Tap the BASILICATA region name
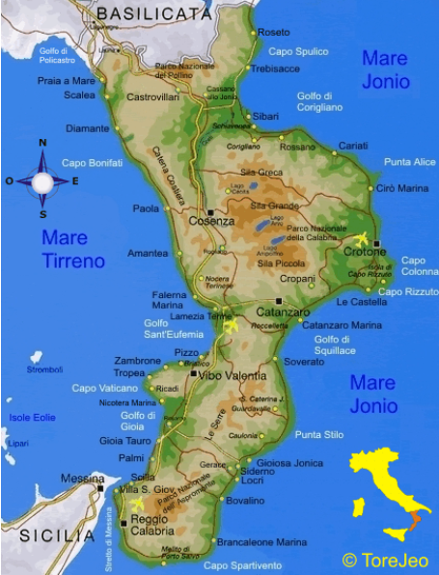(x=153, y=14)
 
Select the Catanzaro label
(x=283, y=312)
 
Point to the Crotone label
(x=364, y=252)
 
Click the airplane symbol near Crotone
(x=362, y=238)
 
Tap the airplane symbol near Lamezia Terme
(x=231, y=326)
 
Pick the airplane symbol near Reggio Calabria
(x=135, y=504)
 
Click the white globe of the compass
(x=42, y=180)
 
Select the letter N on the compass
(x=42, y=144)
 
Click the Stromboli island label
(x=44, y=369)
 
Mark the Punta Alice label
(x=410, y=161)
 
